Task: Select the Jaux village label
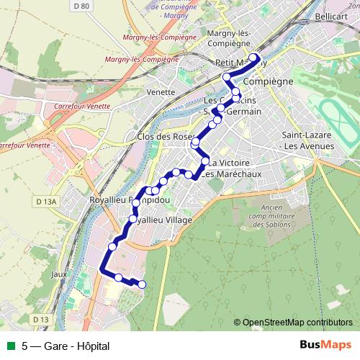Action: click(x=60, y=274)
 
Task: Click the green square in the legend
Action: click(x=9, y=346)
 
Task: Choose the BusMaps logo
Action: click(x=323, y=345)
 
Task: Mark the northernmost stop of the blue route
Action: click(x=253, y=59)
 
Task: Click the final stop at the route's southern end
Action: click(x=141, y=284)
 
